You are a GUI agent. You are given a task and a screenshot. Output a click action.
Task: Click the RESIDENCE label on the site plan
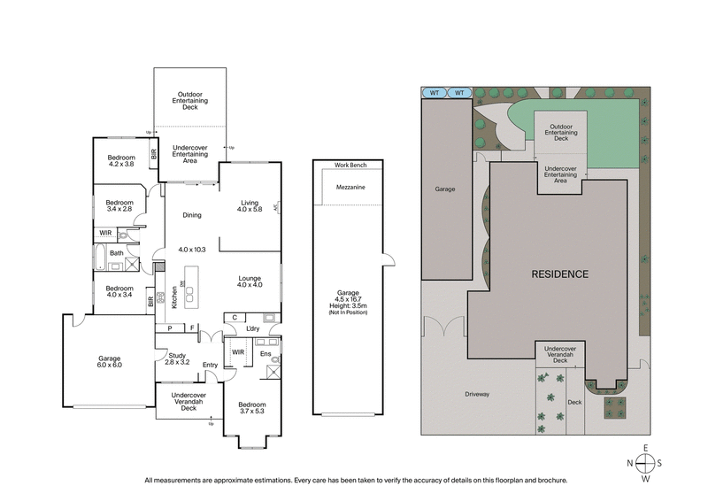point(559,274)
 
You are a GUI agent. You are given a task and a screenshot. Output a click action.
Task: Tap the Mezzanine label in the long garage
point(350,188)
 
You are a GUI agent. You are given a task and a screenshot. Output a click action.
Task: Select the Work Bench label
point(350,166)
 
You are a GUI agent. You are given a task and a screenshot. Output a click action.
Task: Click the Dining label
point(192,215)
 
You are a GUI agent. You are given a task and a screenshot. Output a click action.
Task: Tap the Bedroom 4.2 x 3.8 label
point(121,160)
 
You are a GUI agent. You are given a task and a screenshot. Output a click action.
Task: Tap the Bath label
point(116,253)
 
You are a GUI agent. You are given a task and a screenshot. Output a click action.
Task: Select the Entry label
point(210,365)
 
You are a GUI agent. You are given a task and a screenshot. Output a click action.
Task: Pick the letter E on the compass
point(647,447)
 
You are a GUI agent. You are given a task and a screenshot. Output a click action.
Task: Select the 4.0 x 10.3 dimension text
point(192,250)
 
